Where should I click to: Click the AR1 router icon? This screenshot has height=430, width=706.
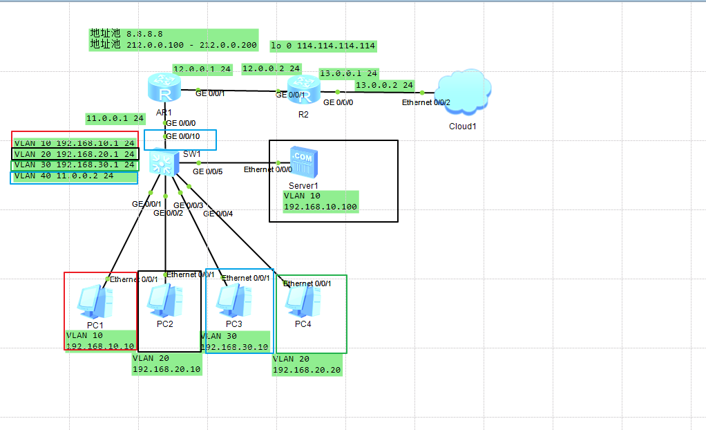(x=164, y=89)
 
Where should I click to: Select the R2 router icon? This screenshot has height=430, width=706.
(x=304, y=91)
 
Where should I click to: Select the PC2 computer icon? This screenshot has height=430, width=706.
(x=165, y=300)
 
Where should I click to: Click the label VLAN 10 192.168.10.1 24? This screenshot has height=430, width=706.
(x=75, y=142)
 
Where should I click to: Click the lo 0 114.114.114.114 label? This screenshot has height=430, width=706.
(x=323, y=46)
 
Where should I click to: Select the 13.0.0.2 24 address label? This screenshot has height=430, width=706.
(x=384, y=85)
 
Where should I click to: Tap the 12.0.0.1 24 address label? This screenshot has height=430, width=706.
(x=202, y=69)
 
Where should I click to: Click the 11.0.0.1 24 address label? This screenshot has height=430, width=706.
(x=115, y=118)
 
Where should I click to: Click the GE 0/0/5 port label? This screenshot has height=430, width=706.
(x=207, y=171)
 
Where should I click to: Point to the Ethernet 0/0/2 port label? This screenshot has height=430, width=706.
(x=426, y=102)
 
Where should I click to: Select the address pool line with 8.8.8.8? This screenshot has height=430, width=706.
(x=126, y=33)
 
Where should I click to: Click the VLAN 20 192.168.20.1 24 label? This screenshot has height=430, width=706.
(x=75, y=153)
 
